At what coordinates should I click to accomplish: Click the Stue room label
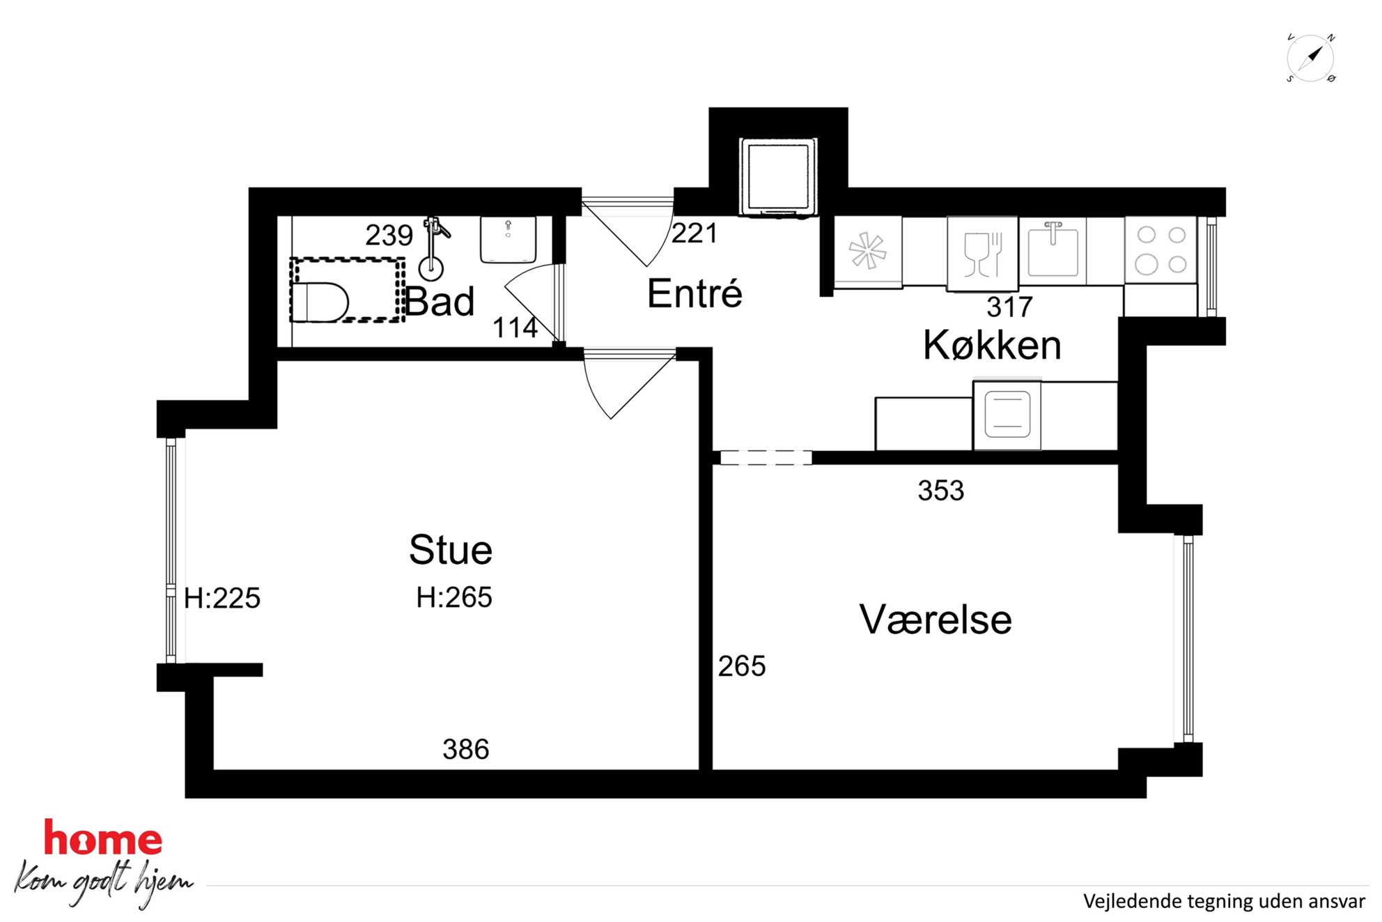451,550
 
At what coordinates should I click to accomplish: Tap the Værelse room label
935,620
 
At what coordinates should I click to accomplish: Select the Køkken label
992,345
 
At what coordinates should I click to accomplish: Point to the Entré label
694,293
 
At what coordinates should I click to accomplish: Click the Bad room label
440,302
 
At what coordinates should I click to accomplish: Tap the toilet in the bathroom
320,302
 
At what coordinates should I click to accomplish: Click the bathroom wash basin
508,240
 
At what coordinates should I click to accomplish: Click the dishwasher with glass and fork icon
982,254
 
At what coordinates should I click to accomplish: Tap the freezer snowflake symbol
867,251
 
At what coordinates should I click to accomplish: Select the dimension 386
466,750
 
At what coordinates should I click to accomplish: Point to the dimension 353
941,491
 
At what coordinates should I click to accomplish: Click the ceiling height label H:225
222,599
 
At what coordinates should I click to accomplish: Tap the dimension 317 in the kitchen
1009,307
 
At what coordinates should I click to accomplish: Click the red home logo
103,838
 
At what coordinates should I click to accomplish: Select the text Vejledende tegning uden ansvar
1224,902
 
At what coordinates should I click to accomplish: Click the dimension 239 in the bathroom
389,236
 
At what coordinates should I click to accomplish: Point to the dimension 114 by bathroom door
515,328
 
